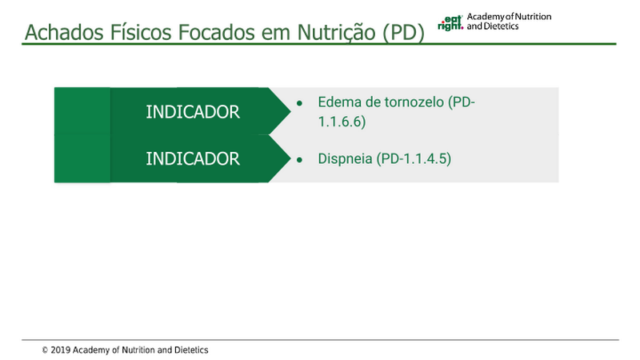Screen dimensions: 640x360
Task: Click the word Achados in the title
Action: point(64,32)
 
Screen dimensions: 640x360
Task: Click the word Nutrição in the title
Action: point(336,33)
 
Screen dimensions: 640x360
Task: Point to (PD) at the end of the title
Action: point(404,33)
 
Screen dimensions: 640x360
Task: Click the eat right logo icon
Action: point(450,23)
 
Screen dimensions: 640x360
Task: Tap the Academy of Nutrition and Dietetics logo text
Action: point(509,22)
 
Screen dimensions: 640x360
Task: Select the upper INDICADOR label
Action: point(193,112)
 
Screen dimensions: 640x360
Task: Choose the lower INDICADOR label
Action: point(193,158)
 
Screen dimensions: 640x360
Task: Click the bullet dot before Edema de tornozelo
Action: point(299,103)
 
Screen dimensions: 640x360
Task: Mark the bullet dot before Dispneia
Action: point(299,159)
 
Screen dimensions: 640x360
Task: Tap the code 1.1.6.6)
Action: point(342,122)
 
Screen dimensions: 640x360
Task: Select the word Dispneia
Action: point(345,158)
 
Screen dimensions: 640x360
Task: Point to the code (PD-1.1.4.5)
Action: point(414,158)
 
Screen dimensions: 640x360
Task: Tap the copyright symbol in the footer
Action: point(45,350)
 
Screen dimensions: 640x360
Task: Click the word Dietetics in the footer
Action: point(191,350)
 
